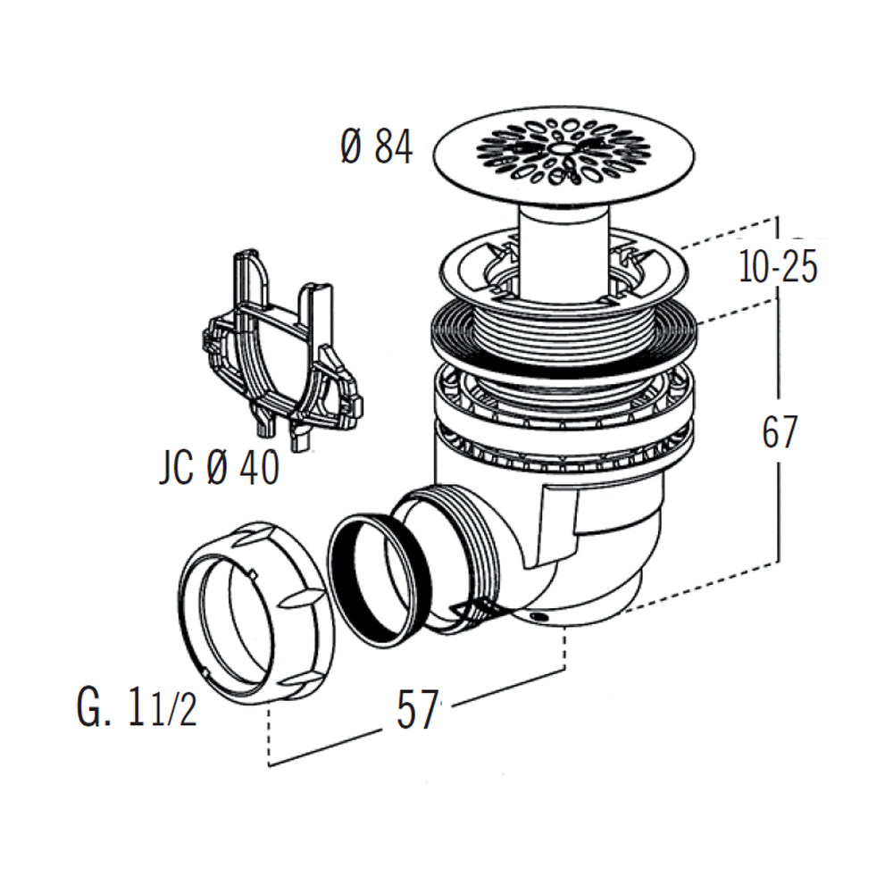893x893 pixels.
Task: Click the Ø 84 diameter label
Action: click(376, 146)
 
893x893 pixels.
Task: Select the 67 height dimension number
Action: click(779, 433)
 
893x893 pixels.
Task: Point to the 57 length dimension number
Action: click(418, 710)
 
